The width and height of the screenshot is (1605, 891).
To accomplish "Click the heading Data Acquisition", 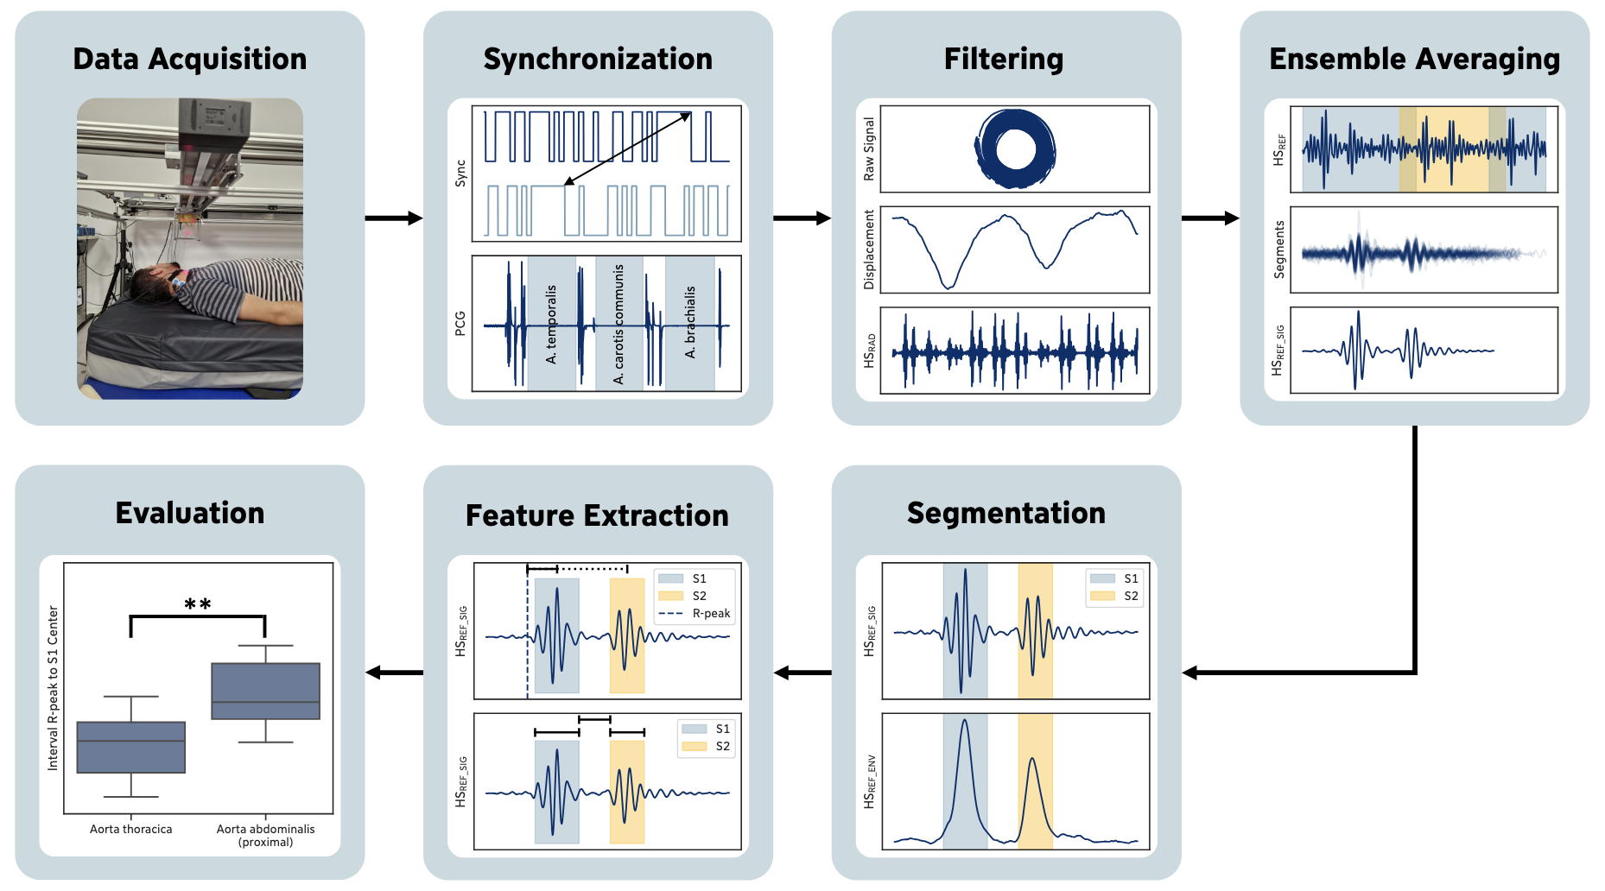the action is click(190, 59).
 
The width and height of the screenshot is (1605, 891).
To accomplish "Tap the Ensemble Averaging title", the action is click(1414, 59).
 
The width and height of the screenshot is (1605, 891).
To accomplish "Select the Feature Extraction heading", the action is click(597, 515).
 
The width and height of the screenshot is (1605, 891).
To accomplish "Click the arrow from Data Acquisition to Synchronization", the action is click(394, 218).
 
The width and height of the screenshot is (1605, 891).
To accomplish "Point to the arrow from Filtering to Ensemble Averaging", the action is click(1210, 218).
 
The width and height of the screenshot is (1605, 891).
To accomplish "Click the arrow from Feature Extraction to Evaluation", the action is click(394, 673).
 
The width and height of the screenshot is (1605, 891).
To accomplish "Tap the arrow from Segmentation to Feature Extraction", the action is click(802, 673).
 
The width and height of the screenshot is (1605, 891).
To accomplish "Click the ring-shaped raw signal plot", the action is click(1015, 148).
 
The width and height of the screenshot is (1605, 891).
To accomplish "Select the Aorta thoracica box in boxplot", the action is click(131, 747).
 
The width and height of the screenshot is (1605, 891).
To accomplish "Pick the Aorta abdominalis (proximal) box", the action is click(266, 691).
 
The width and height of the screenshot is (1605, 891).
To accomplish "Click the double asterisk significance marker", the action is click(198, 605).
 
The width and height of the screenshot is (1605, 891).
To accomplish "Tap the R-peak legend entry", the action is click(695, 614).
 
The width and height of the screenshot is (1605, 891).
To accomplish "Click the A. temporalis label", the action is click(551, 324).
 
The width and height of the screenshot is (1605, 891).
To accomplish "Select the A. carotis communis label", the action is click(619, 325).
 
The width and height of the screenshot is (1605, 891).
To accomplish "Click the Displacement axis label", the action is click(869, 250).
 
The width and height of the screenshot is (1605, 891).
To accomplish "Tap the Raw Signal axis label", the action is click(869, 148).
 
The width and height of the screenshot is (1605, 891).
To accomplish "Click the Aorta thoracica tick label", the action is click(131, 829).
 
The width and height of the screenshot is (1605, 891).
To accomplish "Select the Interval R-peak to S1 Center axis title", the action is click(53, 688).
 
